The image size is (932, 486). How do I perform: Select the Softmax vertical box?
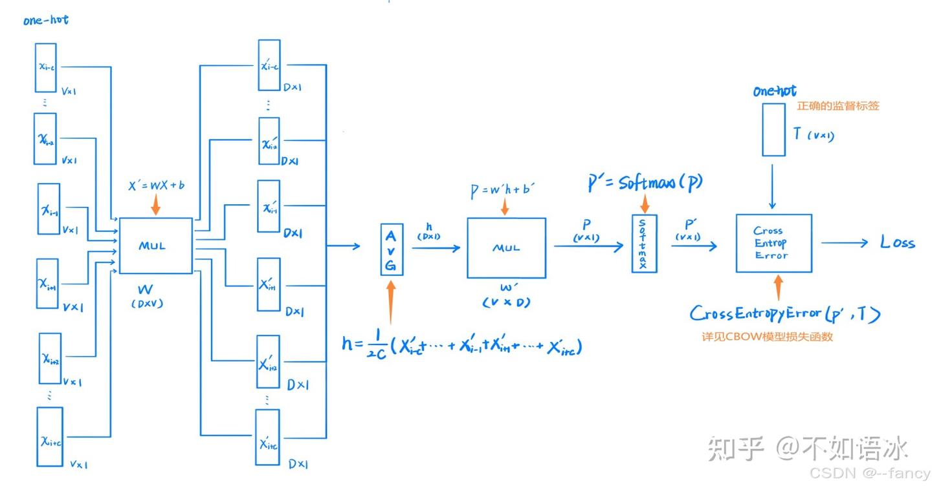click(x=643, y=243)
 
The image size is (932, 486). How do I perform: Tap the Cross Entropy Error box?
click(x=773, y=243)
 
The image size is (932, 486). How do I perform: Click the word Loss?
click(x=897, y=243)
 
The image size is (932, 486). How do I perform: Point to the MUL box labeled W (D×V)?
click(x=155, y=246)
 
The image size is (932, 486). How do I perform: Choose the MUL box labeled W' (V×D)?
click(x=506, y=248)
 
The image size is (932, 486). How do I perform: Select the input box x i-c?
click(x=46, y=67)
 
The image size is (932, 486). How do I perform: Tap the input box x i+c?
click(x=50, y=437)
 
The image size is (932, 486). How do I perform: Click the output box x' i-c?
click(x=269, y=65)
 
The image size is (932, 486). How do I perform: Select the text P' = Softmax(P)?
click(x=645, y=183)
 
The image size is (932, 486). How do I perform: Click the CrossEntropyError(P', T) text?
click(x=784, y=314)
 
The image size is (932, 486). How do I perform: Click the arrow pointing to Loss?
click(x=845, y=243)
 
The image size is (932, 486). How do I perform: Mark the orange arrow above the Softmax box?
click(x=644, y=204)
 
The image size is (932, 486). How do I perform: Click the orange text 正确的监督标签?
click(x=838, y=106)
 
